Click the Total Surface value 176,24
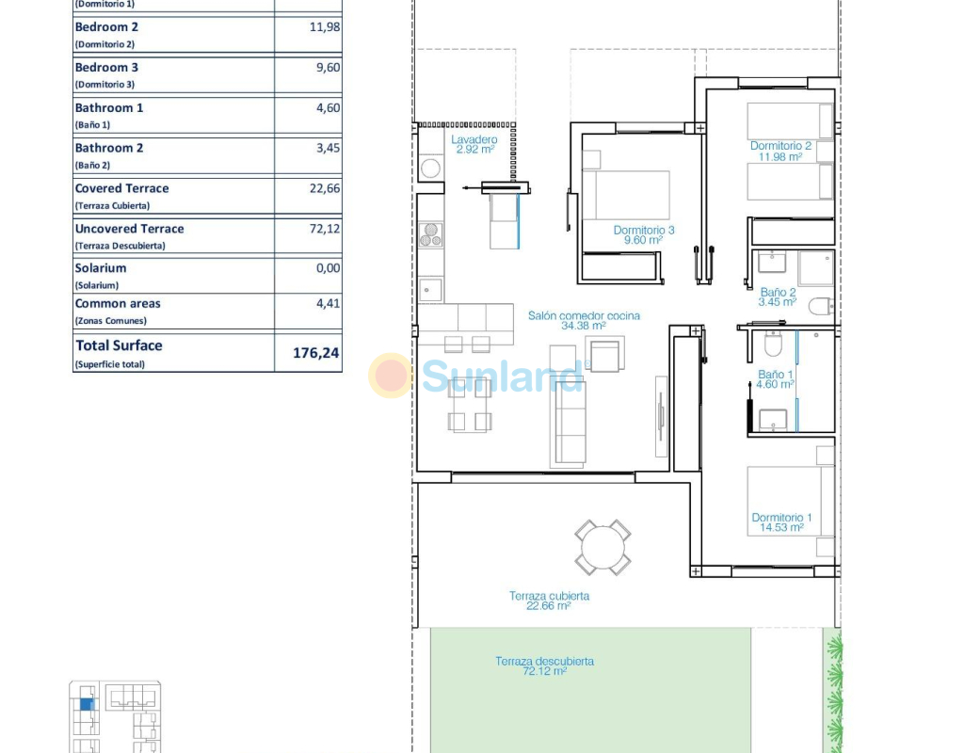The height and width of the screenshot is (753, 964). coord(316,353)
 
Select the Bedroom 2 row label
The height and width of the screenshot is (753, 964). coord(106,27)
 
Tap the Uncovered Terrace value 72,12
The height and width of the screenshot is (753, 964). coord(325,229)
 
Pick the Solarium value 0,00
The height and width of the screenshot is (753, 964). coord(328,268)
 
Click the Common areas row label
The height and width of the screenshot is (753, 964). coord(118,304)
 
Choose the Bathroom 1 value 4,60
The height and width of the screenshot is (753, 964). coord(328,107)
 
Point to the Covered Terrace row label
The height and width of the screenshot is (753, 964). coord(121,188)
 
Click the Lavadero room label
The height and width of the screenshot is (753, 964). coord(474,139)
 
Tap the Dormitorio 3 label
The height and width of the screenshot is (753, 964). coord(644,230)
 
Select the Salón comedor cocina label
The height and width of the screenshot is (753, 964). coord(584,315)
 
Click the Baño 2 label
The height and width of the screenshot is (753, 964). coord(778,292)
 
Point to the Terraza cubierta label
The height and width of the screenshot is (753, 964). coord(549,596)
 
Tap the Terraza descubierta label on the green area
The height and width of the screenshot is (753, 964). coord(545,662)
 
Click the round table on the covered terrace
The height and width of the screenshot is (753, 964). coord(602,548)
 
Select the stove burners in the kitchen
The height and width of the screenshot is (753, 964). coord(431,234)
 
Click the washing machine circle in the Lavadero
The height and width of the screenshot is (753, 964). coord(430,168)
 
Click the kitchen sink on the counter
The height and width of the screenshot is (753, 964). coord(430,290)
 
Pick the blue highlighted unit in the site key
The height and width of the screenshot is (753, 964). coord(87,704)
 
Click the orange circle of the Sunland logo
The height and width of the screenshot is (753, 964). coord(391,375)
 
